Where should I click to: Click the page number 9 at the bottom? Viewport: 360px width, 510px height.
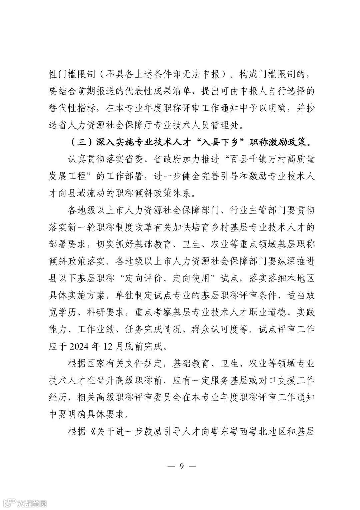coord(182,466)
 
